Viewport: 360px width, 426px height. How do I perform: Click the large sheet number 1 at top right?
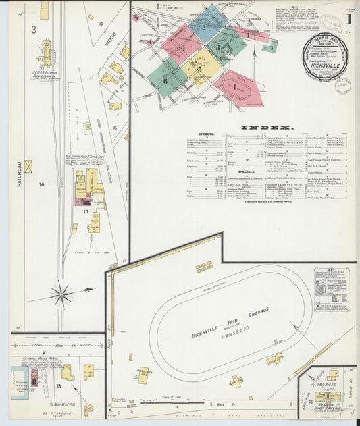point(347,19)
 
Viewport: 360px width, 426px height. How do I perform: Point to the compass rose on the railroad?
point(61,294)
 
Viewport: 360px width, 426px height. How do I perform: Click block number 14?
point(41,184)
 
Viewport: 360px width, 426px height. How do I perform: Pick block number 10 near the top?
point(100,24)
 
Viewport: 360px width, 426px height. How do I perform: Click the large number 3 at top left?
point(32,29)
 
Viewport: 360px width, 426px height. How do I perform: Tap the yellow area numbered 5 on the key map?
point(200,69)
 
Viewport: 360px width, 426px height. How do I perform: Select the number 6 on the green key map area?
point(165,81)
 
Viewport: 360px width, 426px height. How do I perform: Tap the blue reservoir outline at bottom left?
point(16,381)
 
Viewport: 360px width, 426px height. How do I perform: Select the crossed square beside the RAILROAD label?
point(28,166)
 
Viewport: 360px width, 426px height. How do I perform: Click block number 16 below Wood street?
point(115,127)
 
